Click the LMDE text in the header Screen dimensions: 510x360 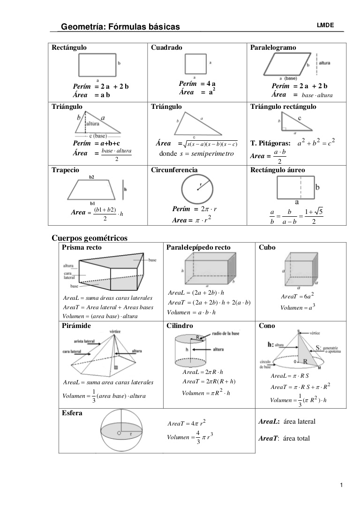pos(325,25)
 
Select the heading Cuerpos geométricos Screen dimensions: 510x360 pos(90,238)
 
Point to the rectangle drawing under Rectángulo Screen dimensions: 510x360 pos(97,65)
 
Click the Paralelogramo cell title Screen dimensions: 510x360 pos(273,47)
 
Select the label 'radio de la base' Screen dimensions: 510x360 pos(225,333)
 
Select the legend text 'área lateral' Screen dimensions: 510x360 pos(300,421)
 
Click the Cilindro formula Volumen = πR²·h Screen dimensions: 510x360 pos(206,393)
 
